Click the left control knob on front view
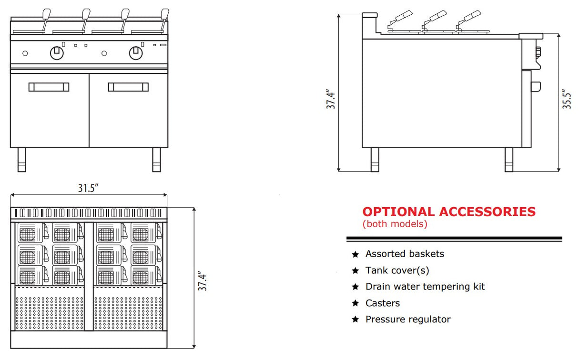point(57,52)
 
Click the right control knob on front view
point(136,52)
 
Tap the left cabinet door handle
point(49,87)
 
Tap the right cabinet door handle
point(128,87)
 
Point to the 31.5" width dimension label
point(88,188)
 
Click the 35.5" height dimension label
point(567,100)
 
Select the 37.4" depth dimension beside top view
point(203,281)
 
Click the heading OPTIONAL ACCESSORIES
point(449,212)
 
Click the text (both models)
point(395,224)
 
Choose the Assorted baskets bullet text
point(405,254)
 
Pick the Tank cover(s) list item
point(397,270)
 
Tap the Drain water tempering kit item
point(425,287)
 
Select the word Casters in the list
point(382,303)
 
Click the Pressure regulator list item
point(407,320)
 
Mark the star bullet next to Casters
point(355,303)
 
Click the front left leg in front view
point(22,160)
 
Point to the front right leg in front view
point(157,160)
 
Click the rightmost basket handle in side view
point(472,14)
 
